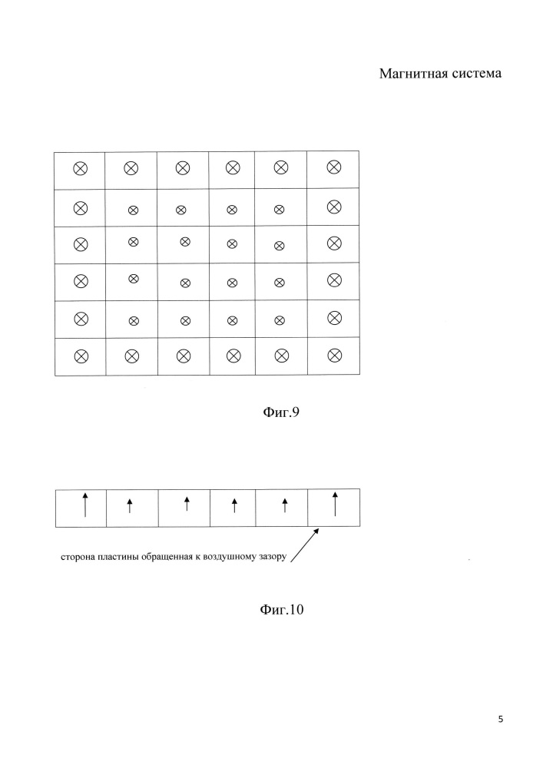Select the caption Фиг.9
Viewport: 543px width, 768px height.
(x=281, y=412)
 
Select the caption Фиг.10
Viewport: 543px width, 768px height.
(x=282, y=609)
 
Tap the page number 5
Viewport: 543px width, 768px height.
(x=501, y=719)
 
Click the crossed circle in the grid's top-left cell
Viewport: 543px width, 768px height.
(x=81, y=169)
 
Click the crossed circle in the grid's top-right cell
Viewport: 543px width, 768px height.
(x=334, y=167)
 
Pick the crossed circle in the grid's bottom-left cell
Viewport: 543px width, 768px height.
(x=81, y=356)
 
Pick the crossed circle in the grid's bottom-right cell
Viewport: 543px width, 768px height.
(x=334, y=355)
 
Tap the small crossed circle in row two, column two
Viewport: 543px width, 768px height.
(x=133, y=210)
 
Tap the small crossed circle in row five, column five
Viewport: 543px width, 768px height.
(x=280, y=320)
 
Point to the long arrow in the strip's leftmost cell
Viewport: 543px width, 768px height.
(x=85, y=505)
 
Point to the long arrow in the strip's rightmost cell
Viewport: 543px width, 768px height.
(x=335, y=504)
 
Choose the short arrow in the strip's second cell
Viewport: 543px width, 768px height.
(x=130, y=505)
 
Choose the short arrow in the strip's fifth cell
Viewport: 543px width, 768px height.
(x=285, y=505)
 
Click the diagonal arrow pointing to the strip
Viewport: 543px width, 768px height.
(x=305, y=545)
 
